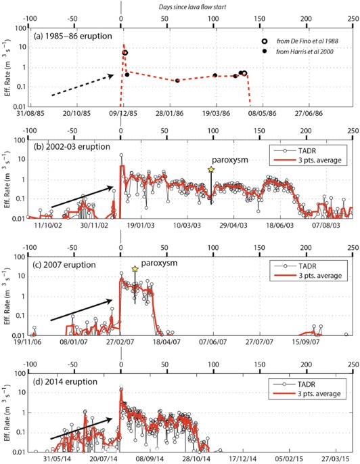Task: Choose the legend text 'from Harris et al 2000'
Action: click(x=301, y=51)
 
